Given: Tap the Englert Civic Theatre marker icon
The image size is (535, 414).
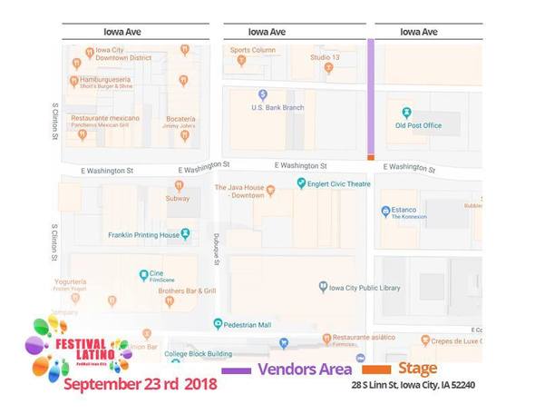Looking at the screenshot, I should coord(302,183).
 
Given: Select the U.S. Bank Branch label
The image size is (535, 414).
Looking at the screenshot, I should coord(277,107).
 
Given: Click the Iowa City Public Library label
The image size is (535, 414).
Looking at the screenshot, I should coord(365,288).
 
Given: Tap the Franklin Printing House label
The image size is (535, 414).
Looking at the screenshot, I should coord(144,234).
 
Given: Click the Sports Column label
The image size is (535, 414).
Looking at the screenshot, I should coord(252,50).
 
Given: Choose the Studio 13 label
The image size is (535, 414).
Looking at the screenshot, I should coord(325,57).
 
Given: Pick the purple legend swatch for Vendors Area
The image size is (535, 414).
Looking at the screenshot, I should coord(236,370).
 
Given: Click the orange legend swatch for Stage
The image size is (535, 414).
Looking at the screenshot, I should coord(375,370).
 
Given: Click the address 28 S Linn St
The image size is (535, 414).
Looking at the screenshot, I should coord(413,385).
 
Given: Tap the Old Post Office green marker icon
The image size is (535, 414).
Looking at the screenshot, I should coord(406,113).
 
